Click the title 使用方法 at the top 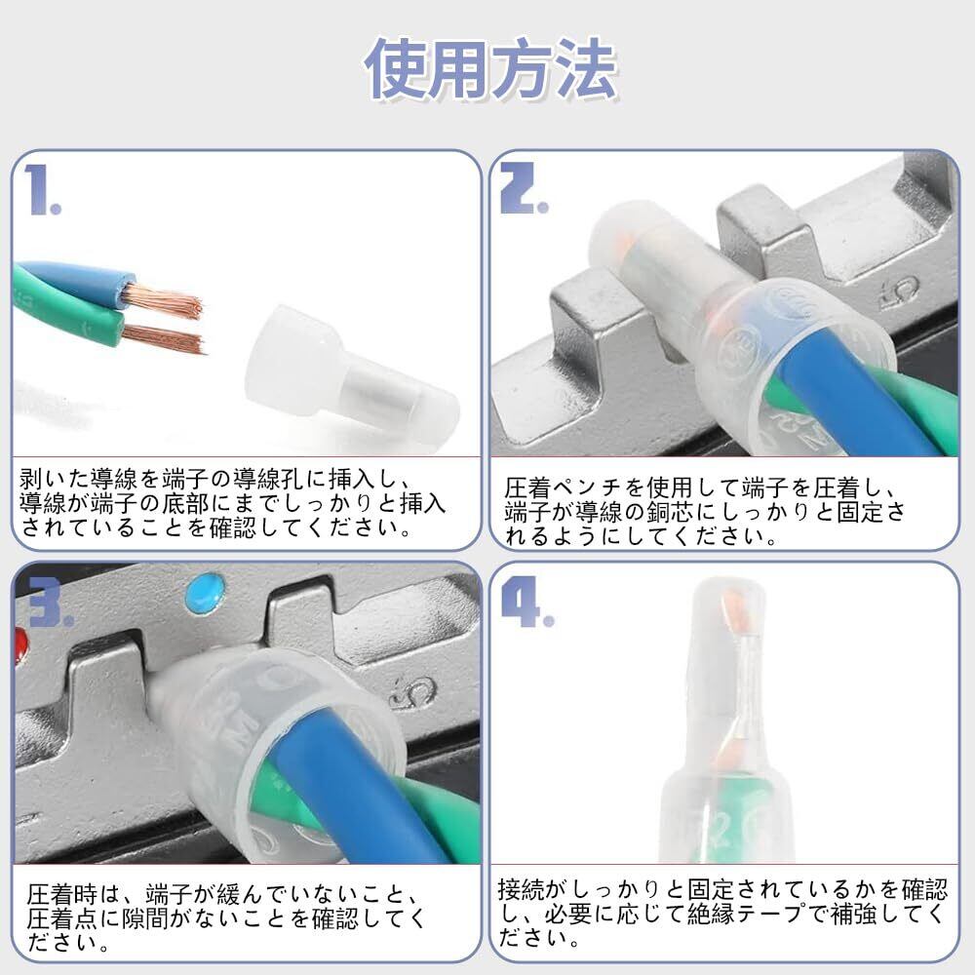(x=490, y=68)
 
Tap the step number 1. (x=42, y=190)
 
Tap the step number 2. (x=524, y=188)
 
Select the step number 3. (x=49, y=603)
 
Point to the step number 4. (x=526, y=603)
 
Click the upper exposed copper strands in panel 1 (x=163, y=299)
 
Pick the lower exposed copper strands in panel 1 (x=164, y=338)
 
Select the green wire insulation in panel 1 (x=68, y=327)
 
